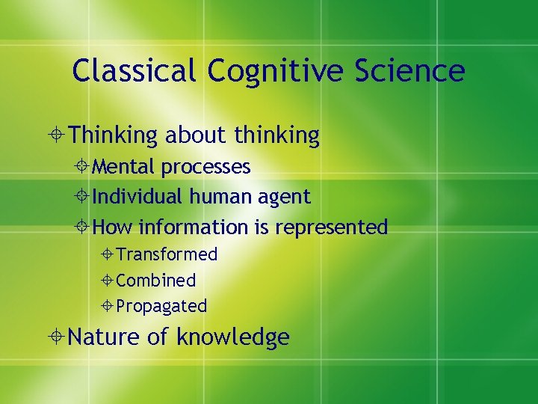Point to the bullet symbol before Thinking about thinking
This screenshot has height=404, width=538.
tap(58, 136)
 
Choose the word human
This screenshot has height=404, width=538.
tap(217, 197)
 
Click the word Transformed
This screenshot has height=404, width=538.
tap(167, 254)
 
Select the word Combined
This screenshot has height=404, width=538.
tap(156, 281)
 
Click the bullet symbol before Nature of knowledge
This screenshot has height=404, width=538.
tap(58, 338)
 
